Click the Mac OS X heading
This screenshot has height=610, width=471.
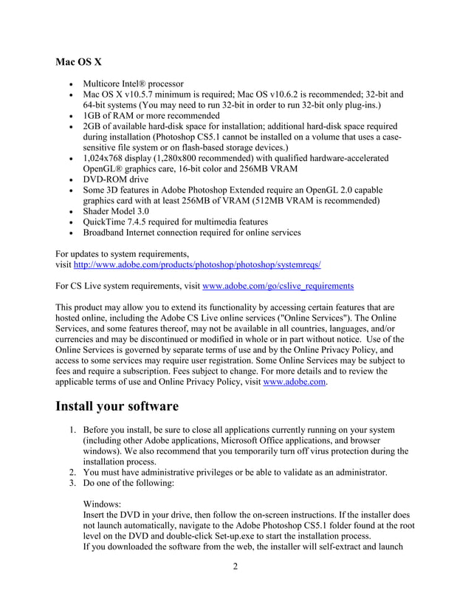pos(79,61)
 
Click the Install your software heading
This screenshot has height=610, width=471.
pos(117,406)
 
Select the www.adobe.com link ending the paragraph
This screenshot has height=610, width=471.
pos(295,383)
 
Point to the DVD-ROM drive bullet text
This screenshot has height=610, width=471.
pos(116,179)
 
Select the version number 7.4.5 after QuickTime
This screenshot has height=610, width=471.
pos(150,222)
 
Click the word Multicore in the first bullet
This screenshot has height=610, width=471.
pos(106,83)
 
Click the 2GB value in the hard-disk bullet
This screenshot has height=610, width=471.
pos(93,126)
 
